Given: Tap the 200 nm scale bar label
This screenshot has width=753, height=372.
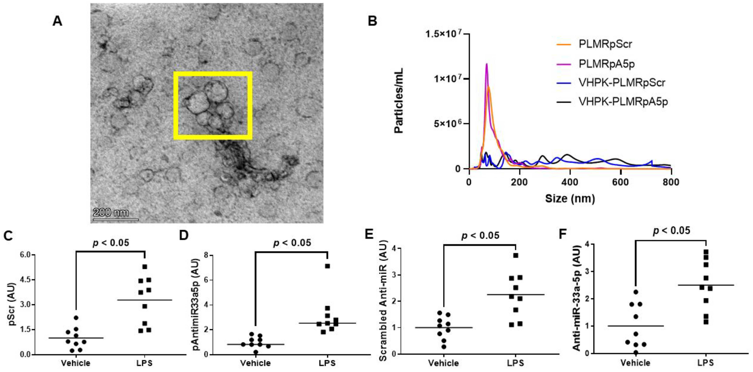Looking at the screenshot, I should [111, 212].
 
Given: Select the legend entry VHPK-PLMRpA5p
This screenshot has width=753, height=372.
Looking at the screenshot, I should [623, 101].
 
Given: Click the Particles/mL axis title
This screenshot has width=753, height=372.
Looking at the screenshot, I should [399, 101].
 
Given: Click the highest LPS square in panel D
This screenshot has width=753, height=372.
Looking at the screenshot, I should [327, 266].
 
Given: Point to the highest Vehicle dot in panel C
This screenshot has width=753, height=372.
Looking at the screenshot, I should [76, 318].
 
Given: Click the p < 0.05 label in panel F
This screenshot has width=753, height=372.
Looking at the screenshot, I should [672, 231].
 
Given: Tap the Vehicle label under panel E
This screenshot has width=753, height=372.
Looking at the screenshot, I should [444, 363].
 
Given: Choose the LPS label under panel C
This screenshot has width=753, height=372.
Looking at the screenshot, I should [144, 363].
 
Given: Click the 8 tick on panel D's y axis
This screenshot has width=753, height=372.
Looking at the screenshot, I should [206, 255].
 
